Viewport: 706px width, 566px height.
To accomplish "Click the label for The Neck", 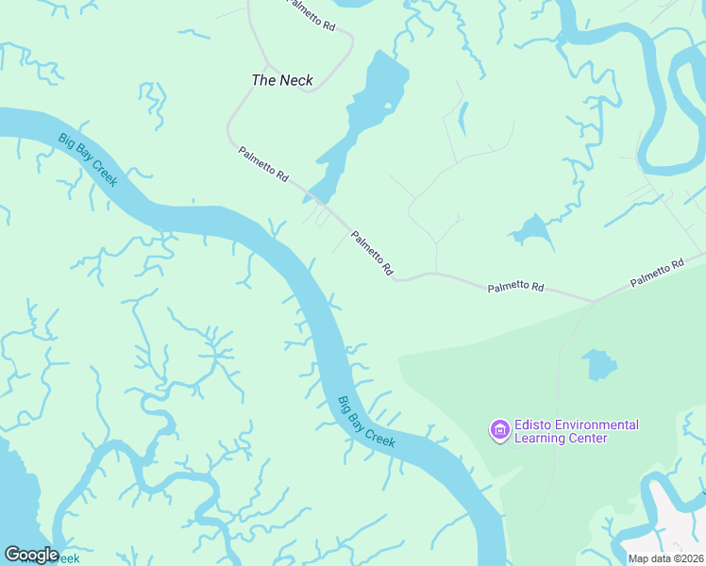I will pos(282,80).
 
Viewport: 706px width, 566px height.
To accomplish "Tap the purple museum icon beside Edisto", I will pos(498,431).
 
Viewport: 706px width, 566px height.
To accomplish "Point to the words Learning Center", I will pos(560,439).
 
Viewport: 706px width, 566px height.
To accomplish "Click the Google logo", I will pos(30,555).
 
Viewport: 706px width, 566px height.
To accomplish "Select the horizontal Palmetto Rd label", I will pos(516,287).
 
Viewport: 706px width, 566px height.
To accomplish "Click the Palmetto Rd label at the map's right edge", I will pos(657,275).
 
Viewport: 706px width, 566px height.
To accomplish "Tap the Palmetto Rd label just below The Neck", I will pos(263,165).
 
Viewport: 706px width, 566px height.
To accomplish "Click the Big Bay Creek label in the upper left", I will pos(88,159).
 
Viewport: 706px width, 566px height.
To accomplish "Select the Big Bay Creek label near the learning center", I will pos(367,422).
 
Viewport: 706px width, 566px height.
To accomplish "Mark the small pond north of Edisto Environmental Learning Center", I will pos(598,364).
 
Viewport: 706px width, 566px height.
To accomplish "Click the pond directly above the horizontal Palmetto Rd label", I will pos(532,230).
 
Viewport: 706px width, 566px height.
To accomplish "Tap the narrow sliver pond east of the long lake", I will pos(462,118).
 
